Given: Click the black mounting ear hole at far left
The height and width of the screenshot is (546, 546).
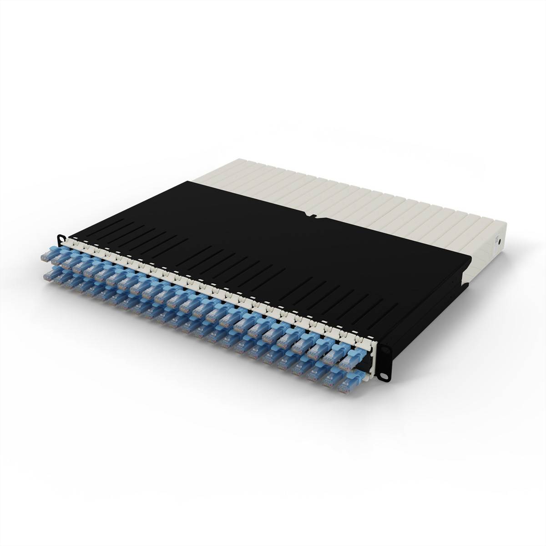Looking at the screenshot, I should click(x=61, y=238).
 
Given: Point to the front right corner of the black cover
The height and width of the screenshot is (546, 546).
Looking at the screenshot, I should click(x=469, y=260).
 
